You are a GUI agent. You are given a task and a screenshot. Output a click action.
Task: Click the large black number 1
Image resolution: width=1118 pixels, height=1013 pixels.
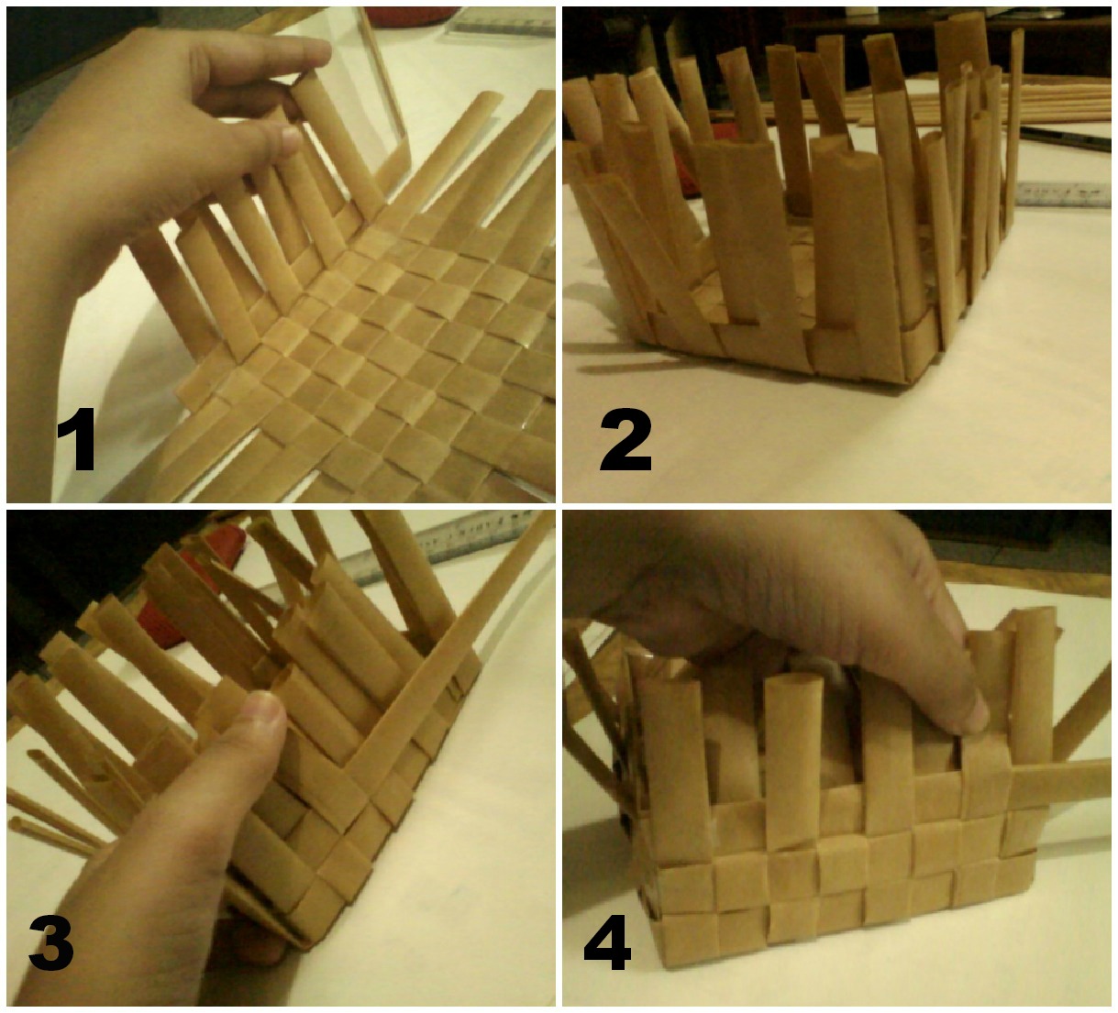pos(78,438)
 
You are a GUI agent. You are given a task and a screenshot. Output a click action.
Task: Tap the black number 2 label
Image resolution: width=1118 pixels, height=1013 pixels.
pos(625,438)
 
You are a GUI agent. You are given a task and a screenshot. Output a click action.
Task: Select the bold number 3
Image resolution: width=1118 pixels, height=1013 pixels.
pos(51,942)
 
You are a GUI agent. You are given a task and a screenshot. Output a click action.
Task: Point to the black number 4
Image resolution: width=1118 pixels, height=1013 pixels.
pos(607,942)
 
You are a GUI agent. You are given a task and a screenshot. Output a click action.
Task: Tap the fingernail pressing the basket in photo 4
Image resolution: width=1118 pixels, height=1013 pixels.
pos(977,714)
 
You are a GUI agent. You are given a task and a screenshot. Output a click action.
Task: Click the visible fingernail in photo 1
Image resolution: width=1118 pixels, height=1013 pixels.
pos(291,140)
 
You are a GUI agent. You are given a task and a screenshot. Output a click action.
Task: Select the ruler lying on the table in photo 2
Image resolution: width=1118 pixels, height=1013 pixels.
pos(1062,194)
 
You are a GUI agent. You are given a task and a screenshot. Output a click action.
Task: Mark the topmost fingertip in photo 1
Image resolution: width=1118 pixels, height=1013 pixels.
pos(319,54)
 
